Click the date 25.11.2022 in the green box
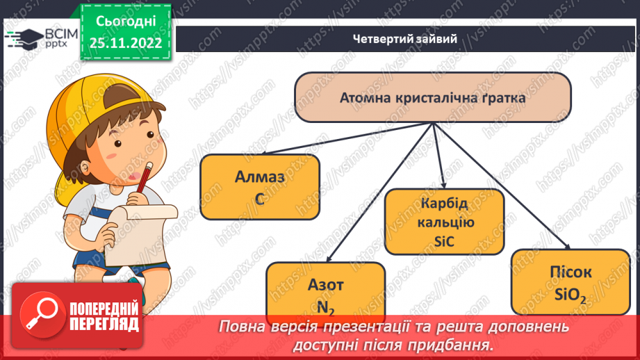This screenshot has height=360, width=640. point(126,43)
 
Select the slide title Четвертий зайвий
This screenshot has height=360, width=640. point(404,39)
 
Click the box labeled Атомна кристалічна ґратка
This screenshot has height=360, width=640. point(432,97)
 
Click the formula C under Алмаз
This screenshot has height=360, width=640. point(260,199)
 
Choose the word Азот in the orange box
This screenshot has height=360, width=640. point(325,284)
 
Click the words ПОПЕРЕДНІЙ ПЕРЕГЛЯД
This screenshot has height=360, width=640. point(104,317)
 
